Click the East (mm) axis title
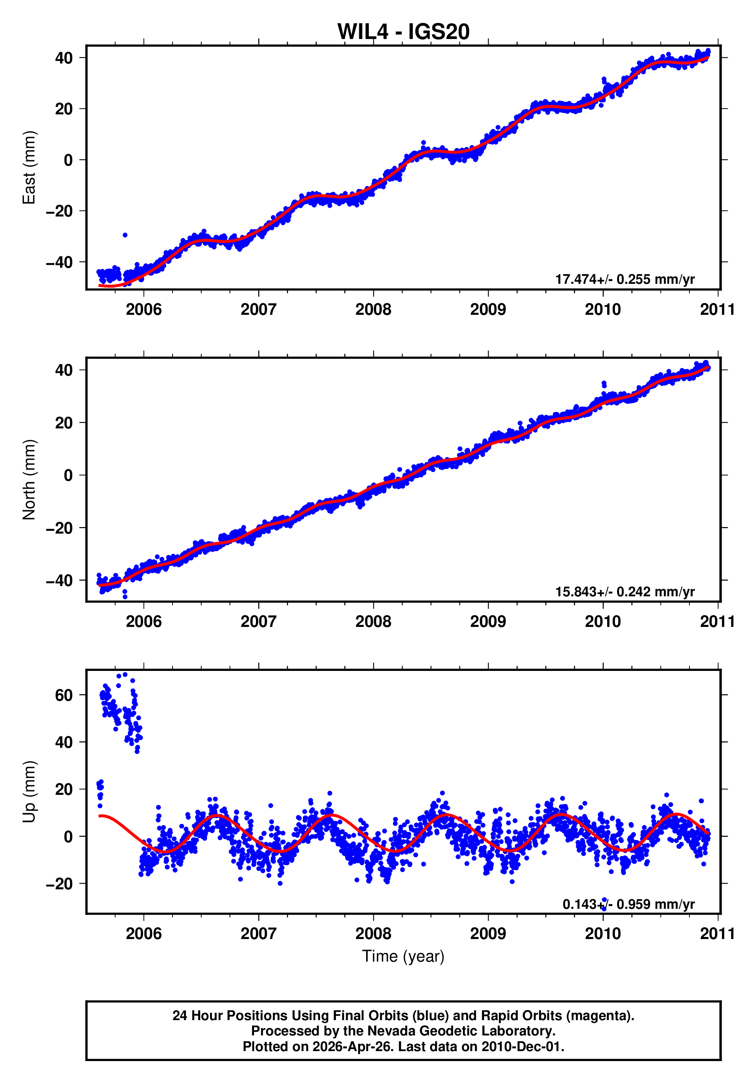[x=29, y=168]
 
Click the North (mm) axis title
[x=29, y=480]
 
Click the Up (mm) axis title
[x=29, y=792]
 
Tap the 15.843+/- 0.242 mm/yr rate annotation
[x=624, y=592]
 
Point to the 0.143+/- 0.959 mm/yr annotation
[x=628, y=904]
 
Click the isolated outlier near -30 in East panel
[x=125, y=234]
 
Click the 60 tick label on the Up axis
[x=64, y=695]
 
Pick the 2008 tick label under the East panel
[x=373, y=310]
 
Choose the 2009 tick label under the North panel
[x=488, y=622]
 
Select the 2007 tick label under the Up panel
[x=258, y=934]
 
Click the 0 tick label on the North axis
[x=68, y=475]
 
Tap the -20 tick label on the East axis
[x=60, y=211]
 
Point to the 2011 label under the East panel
[x=717, y=310]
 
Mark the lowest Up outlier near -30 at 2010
[x=603, y=908]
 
